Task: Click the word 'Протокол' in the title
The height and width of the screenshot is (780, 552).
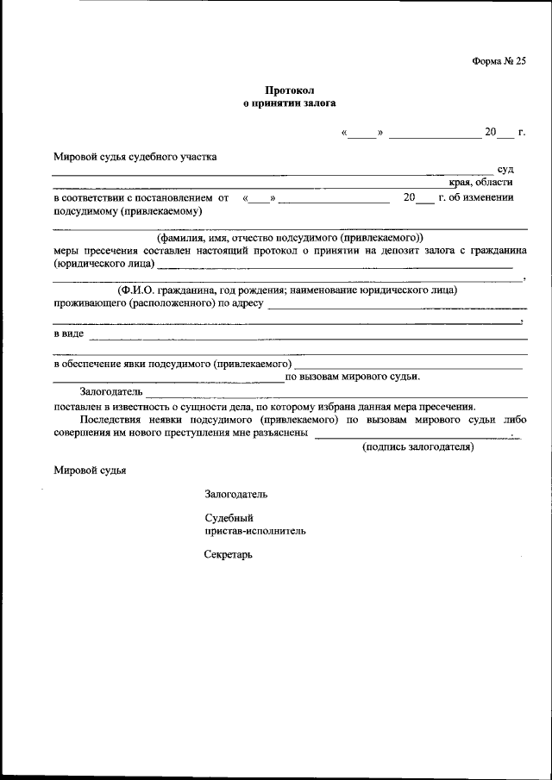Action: pos(288,89)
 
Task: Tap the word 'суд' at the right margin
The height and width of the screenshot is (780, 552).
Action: pos(505,169)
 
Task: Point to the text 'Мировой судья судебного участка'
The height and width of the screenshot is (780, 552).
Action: pos(135,157)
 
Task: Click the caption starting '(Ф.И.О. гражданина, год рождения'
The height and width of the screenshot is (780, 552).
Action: pos(289,290)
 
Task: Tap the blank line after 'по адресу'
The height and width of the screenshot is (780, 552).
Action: pos(397,308)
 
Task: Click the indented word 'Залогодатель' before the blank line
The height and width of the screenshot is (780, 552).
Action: pos(110,392)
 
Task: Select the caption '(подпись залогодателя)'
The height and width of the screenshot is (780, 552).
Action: pos(418,447)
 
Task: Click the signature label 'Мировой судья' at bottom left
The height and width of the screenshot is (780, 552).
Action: pos(90,471)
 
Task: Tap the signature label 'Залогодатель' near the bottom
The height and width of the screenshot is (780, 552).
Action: pos(235,495)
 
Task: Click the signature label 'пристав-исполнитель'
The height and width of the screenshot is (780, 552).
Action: pos(254,531)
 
